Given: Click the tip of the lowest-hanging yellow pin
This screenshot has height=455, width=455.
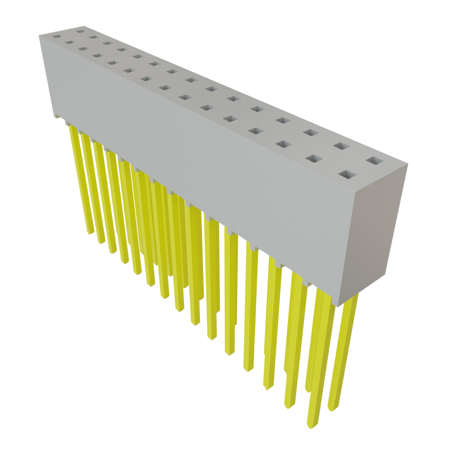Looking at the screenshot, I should [312, 427].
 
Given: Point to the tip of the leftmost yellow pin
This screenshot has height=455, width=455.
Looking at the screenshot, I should [90, 232].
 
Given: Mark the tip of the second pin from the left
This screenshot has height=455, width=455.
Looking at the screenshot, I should [101, 242].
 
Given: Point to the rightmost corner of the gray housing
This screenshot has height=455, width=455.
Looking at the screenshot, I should [408, 164].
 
